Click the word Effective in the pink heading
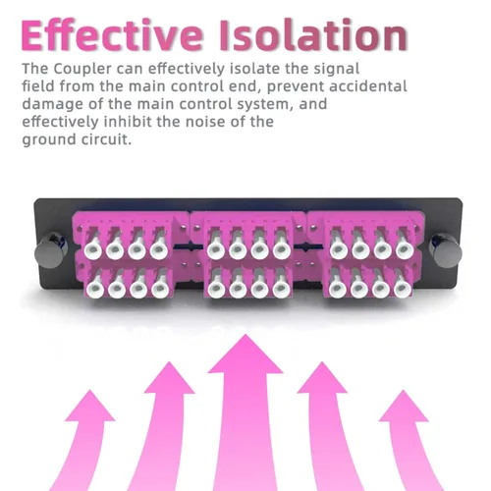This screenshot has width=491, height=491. (112, 35)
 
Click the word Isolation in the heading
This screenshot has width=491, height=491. (313, 35)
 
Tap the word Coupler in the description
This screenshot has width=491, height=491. (82, 70)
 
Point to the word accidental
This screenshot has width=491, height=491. (368, 86)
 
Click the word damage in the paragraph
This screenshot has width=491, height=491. (53, 105)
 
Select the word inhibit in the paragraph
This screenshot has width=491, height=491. (128, 122)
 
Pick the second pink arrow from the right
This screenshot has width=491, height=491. (331, 425)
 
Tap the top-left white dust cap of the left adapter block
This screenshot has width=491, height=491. (93, 250)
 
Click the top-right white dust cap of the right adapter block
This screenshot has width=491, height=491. (405, 249)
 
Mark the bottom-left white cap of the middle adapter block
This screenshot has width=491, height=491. (217, 289)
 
